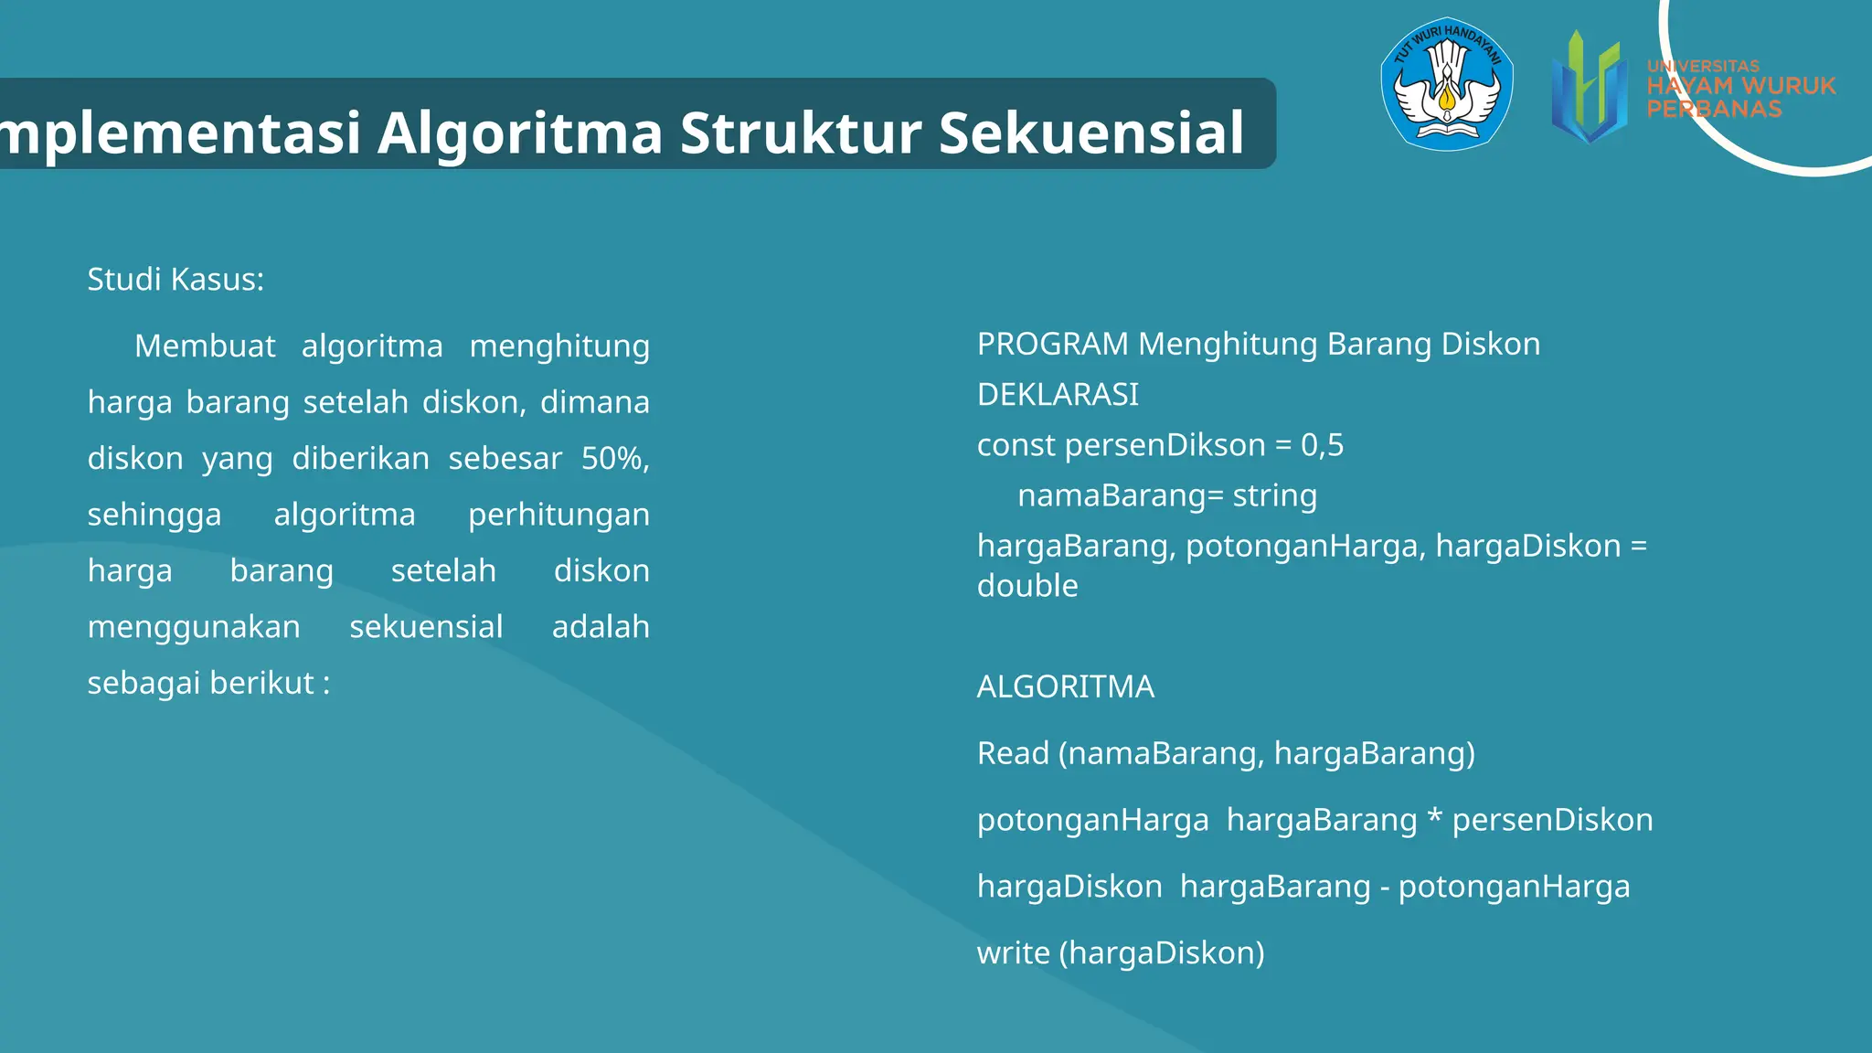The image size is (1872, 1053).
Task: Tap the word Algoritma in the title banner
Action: pos(519,133)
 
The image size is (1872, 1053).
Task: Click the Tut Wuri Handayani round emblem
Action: pos(1447,84)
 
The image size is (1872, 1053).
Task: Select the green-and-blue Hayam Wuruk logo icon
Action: pos(1590,88)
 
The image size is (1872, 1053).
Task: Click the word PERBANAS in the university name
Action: pos(1714,109)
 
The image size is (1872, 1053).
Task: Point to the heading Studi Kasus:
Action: pos(175,279)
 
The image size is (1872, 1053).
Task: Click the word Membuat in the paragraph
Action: pos(205,346)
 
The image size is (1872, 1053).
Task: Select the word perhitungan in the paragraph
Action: pos(558,515)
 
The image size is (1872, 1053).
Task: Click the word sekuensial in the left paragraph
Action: pos(426,627)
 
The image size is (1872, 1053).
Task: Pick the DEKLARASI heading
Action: pos(1058,395)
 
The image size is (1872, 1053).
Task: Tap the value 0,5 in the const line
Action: pos(1322,445)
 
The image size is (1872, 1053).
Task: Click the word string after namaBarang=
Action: pos(1274,495)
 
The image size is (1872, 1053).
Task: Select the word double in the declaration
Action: pos(1027,586)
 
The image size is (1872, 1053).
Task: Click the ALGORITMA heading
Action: pos(1065,686)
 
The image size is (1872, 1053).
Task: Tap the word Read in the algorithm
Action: pos(1013,753)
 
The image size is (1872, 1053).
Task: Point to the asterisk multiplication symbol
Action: pos(1434,816)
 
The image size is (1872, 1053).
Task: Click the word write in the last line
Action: pos(1013,953)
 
